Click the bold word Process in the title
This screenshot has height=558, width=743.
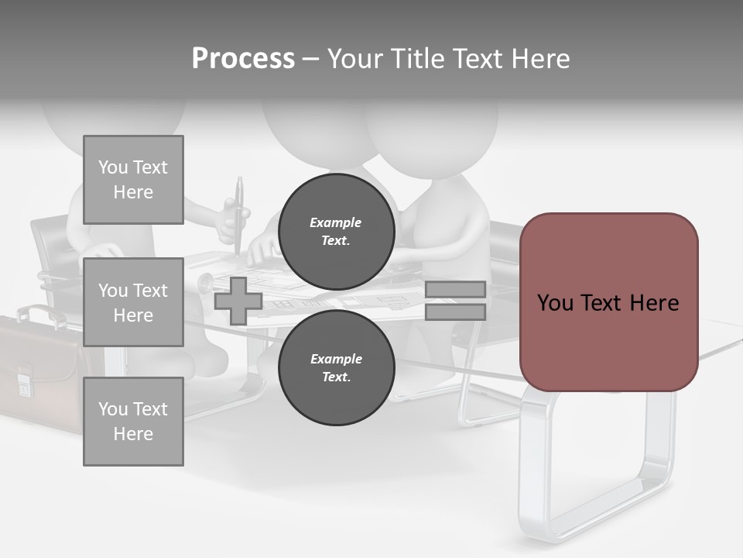pyautogui.click(x=243, y=59)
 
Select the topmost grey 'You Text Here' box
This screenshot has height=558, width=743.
pyautogui.click(x=133, y=180)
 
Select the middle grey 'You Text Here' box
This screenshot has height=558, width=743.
pyautogui.click(x=133, y=302)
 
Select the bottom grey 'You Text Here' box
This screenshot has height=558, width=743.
pyautogui.click(x=133, y=421)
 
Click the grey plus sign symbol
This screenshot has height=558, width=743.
pyautogui.click(x=238, y=301)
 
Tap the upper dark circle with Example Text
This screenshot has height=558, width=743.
pyautogui.click(x=336, y=231)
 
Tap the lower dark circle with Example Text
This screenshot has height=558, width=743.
pyautogui.click(x=336, y=367)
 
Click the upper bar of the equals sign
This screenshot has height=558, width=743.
pyautogui.click(x=455, y=289)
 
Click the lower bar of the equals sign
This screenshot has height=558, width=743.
pyautogui.click(x=455, y=312)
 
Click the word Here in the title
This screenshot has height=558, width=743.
pyautogui.click(x=541, y=59)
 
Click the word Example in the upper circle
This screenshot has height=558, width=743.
pyautogui.click(x=336, y=222)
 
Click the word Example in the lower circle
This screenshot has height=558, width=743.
pyautogui.click(x=336, y=359)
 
